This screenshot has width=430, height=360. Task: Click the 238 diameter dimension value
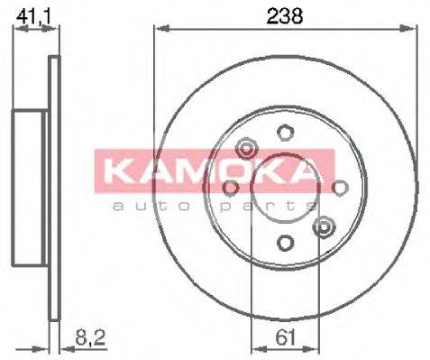pyautogui.click(x=285, y=14)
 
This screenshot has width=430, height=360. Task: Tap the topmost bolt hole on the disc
pyautogui.click(x=285, y=134)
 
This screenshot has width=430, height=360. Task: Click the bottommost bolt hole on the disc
pyautogui.click(x=285, y=242)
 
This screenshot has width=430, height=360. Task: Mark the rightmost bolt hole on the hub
pyautogui.click(x=340, y=188)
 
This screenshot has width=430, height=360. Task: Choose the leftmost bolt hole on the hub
pyautogui.click(x=231, y=188)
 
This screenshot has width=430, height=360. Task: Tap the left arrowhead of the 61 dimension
pyautogui.click(x=255, y=349)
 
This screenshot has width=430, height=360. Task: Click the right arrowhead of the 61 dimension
pyautogui.click(x=315, y=349)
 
